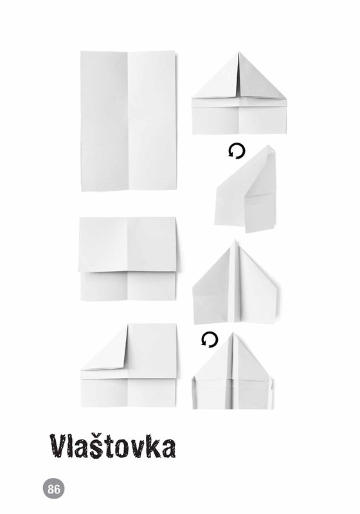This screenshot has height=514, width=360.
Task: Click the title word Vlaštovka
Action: [113, 446]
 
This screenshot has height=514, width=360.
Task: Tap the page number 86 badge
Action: [54, 489]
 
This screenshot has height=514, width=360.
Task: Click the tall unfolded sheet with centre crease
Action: [129, 121]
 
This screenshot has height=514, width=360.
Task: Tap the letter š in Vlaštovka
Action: [100, 446]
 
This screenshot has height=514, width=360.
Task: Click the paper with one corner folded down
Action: [129, 366]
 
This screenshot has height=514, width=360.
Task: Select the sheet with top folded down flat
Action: [128, 259]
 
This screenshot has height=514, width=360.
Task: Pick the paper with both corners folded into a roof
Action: [239, 93]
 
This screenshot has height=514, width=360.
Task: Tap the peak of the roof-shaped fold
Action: [239, 52]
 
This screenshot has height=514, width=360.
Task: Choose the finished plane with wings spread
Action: [235, 282]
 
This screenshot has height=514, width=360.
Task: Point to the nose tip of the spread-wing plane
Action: [235, 240]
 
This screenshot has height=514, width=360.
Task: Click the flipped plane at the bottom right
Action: [233, 371]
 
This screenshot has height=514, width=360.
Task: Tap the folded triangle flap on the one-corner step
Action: [105, 348]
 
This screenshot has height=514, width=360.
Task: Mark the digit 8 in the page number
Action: [51, 489]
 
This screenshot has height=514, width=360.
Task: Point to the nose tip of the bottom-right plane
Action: [233, 333]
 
